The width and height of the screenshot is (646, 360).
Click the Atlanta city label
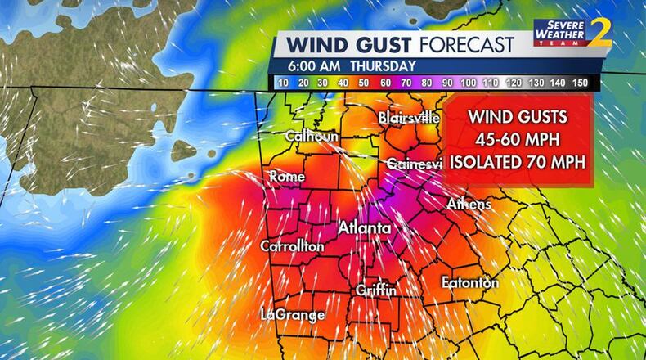pos(365,227)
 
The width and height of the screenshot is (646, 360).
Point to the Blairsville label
pos(409,118)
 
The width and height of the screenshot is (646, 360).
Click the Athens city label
pos(469,204)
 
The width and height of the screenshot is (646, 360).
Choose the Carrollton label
pos(292,246)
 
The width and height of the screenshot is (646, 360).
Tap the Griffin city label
pos(376,290)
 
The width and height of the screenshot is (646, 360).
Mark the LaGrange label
pos(293,314)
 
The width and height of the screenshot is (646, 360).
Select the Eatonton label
pos(469,282)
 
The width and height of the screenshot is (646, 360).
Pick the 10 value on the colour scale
pos(281,83)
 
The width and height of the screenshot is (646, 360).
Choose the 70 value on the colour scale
pos(407,83)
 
